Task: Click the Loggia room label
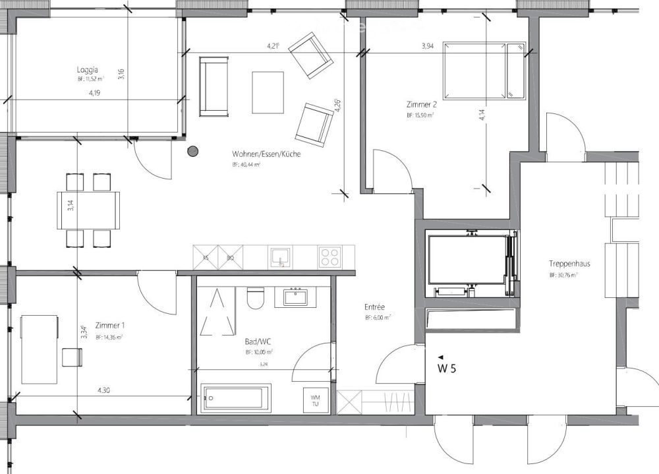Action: click(88, 69)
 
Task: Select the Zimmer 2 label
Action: click(421, 104)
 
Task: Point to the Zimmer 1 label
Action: click(110, 326)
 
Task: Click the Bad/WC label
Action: click(257, 342)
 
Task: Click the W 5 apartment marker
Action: click(446, 368)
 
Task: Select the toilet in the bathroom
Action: click(255, 299)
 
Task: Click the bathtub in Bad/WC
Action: click(236, 398)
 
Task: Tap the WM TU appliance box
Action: click(315, 400)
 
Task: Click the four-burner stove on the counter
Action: click(331, 256)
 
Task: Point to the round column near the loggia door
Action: click(193, 152)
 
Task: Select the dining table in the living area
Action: click(89, 210)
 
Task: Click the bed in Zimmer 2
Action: click(484, 71)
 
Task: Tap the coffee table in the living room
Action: click(268, 92)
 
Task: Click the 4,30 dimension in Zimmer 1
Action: click(103, 390)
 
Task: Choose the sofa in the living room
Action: click(214, 85)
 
